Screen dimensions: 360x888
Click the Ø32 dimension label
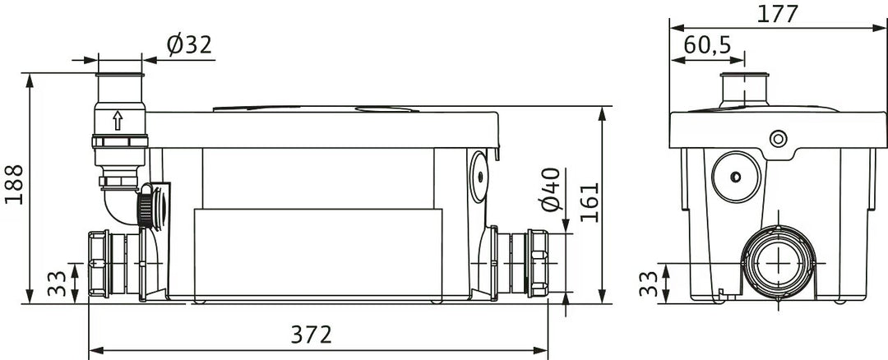(x=190, y=44)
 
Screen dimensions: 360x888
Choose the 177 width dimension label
(x=779, y=14)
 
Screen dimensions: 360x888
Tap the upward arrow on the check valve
(x=118, y=121)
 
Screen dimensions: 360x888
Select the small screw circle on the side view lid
(x=776, y=139)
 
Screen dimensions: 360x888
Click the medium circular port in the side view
(x=734, y=176)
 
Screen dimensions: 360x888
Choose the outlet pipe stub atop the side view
(x=744, y=89)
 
